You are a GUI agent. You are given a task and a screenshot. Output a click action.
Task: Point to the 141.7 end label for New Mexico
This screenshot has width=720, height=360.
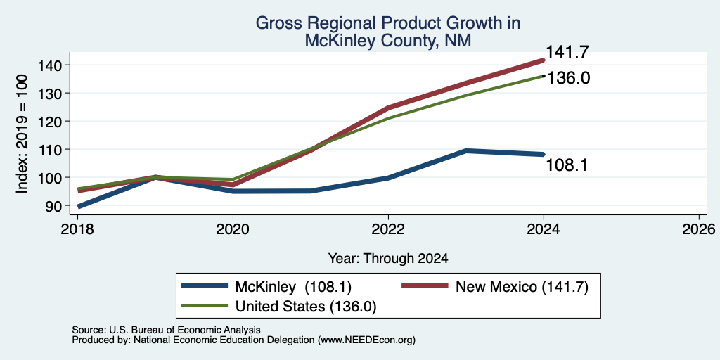[567, 52]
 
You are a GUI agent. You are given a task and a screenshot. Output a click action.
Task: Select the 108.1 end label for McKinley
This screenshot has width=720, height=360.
[567, 165]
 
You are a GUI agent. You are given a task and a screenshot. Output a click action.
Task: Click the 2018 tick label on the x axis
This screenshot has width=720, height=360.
[77, 229]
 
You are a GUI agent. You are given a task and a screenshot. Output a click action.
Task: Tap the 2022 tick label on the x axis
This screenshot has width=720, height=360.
[388, 229]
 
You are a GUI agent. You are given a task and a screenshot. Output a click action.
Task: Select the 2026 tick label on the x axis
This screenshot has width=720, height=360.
[699, 229]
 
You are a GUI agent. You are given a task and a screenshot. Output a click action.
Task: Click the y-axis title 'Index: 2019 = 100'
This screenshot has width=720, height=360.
[22, 134]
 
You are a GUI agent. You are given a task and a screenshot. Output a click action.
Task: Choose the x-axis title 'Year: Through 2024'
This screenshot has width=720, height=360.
[388, 259]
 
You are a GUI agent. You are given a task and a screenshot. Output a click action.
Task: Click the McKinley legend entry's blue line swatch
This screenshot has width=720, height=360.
[205, 286]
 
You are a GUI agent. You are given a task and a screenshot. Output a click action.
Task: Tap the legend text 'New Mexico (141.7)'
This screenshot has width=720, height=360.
[522, 287]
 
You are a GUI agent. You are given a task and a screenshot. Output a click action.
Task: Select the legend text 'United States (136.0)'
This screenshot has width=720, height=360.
[306, 307]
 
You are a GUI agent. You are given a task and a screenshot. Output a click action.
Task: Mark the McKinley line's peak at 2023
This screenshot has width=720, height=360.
[466, 150]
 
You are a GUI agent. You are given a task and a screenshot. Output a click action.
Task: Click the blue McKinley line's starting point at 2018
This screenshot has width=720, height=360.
[79, 206]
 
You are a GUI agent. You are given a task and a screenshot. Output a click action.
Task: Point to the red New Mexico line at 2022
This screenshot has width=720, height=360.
[388, 108]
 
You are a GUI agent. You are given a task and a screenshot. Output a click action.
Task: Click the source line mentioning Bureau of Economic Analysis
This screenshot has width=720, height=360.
[166, 330]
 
